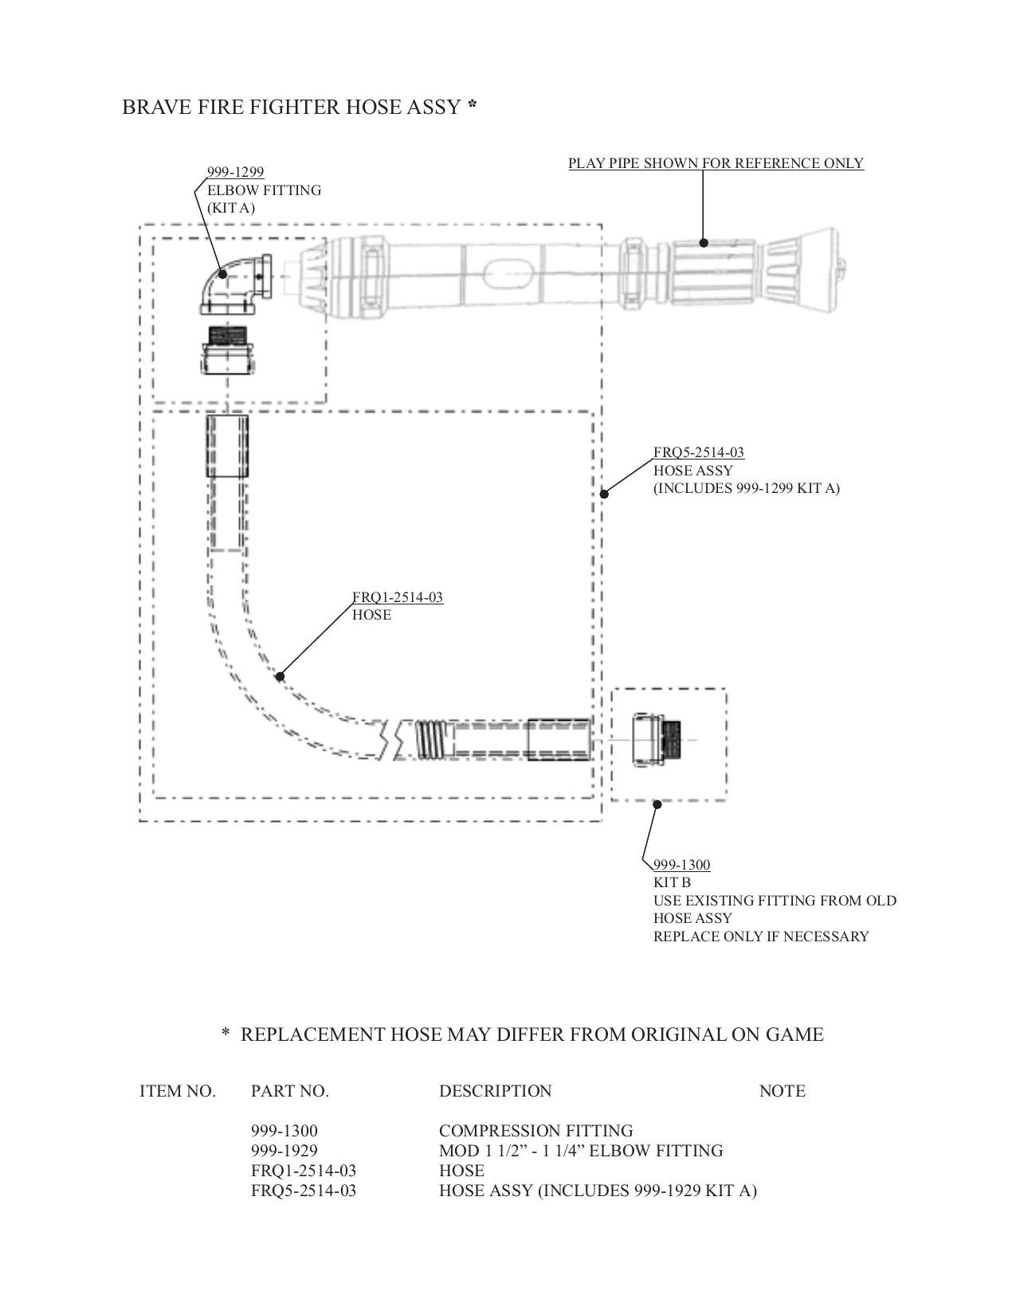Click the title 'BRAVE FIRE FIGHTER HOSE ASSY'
(291, 107)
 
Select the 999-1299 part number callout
(235, 172)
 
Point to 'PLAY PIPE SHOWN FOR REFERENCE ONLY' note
(716, 163)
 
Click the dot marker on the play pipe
(704, 242)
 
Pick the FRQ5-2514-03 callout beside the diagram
(699, 452)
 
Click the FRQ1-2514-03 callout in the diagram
(398, 597)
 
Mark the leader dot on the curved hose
(280, 676)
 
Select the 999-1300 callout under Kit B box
(681, 865)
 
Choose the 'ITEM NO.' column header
(178, 1091)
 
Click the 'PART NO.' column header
(290, 1091)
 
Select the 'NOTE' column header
(782, 1091)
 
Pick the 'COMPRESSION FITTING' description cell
(535, 1131)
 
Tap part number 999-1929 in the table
(284, 1151)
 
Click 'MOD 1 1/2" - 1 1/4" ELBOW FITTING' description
(581, 1151)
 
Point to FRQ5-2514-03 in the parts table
(304, 1191)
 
